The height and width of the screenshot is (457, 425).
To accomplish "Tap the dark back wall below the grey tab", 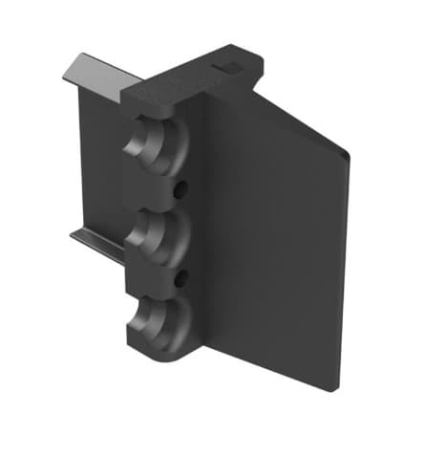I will click(x=100, y=163).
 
